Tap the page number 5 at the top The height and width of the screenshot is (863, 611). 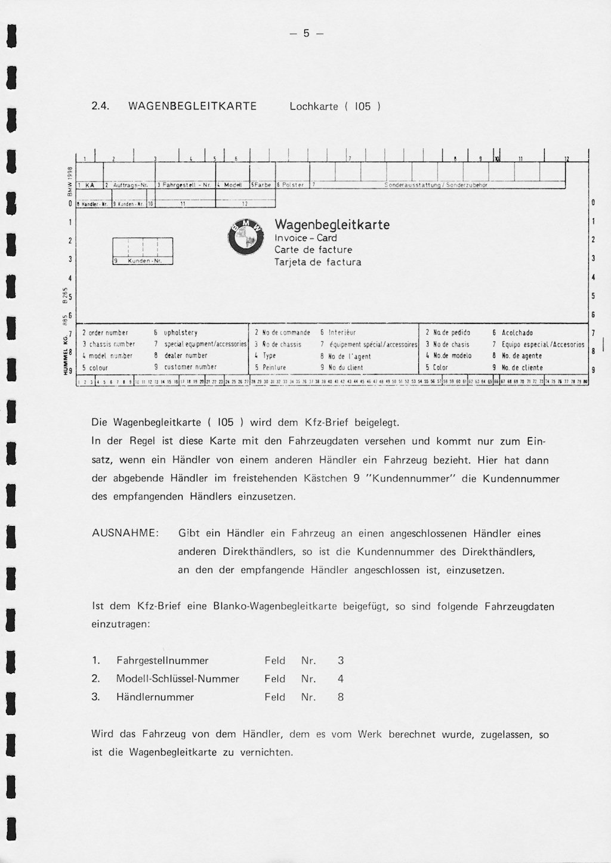[x=306, y=33]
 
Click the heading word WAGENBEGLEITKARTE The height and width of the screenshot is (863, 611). [x=192, y=107]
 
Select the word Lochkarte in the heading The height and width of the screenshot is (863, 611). [x=314, y=107]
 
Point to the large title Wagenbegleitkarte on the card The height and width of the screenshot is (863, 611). [x=332, y=225]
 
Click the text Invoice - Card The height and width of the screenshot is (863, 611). [x=305, y=238]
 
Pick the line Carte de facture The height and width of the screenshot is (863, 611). [x=313, y=250]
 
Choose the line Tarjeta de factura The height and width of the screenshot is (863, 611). [x=317, y=262]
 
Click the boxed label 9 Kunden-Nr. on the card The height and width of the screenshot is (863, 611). [x=143, y=261]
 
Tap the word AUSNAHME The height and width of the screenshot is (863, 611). [x=125, y=533]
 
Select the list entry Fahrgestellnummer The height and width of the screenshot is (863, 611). [x=162, y=661]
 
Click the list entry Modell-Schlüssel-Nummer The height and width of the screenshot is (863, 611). [x=177, y=679]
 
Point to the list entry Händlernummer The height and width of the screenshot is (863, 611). [x=155, y=697]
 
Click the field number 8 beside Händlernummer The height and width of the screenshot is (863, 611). [x=341, y=697]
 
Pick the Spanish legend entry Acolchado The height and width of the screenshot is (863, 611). [x=517, y=333]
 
